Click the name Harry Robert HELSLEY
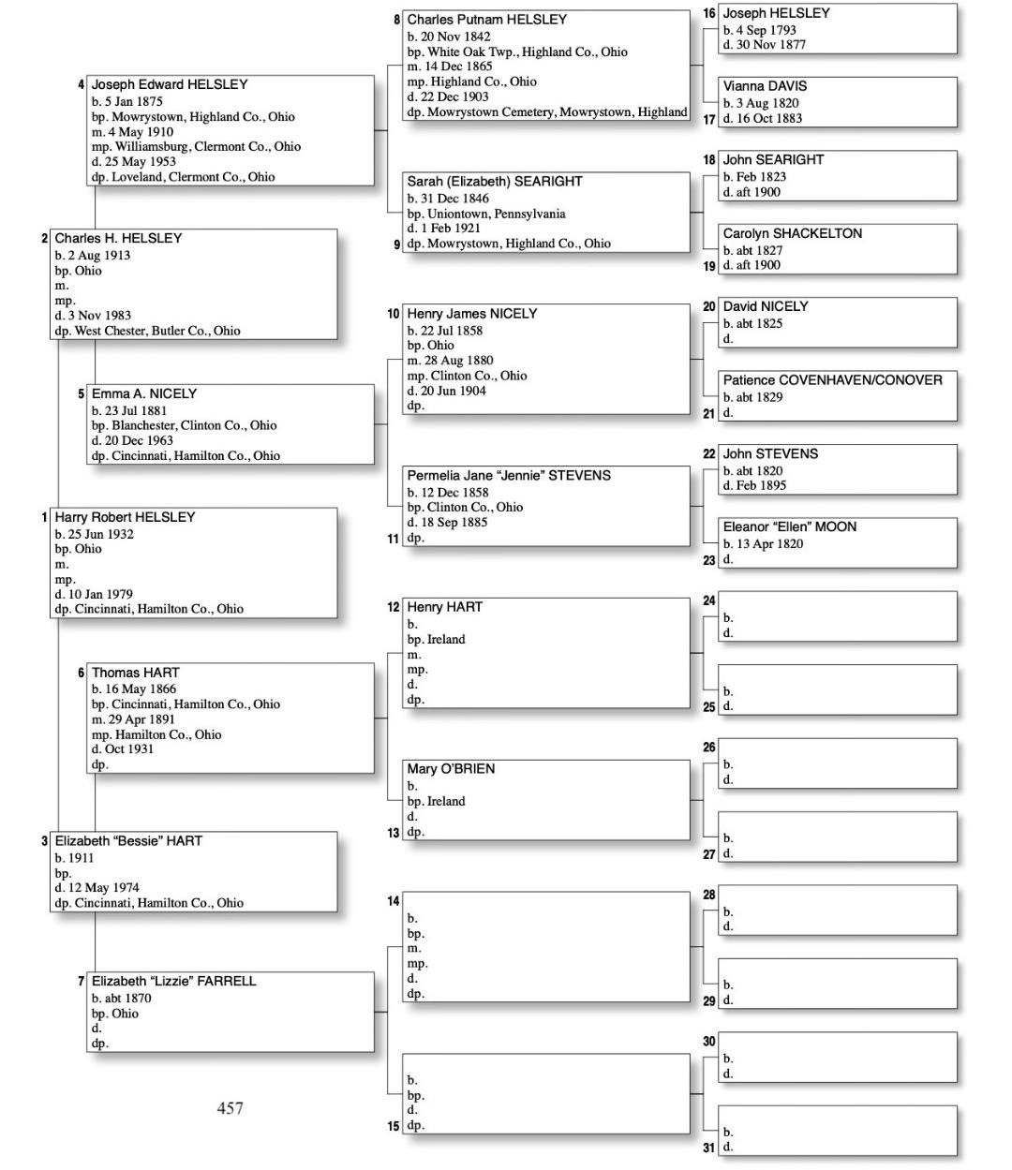pos(125,517)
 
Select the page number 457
pos(230,1108)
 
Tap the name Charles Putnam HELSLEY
pos(486,20)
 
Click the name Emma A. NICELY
pos(143,393)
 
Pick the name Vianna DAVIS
pos(765,86)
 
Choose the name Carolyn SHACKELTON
pos(792,233)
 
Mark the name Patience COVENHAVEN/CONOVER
pos(832,380)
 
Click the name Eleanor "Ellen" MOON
pos(789,527)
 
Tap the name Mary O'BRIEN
pos(451,769)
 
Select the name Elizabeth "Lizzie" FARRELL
pos(173,982)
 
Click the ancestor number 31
pos(709,1148)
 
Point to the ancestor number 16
pos(709,14)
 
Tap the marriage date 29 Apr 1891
pos(133,719)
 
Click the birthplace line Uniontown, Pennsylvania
pos(486,214)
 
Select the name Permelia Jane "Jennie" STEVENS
pos(508,476)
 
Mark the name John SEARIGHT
pos(773,160)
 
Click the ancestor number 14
pos(394,901)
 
